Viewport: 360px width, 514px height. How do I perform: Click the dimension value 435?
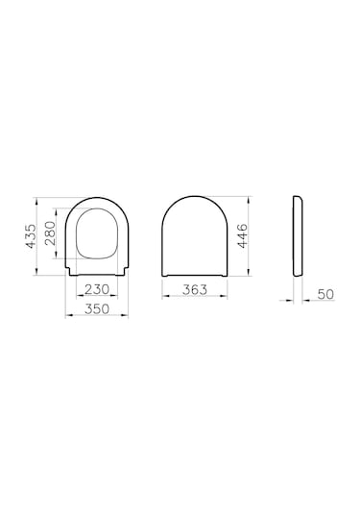(31, 236)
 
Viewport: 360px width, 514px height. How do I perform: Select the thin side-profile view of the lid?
(298, 235)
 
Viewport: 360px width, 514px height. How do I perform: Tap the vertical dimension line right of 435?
(41, 236)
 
